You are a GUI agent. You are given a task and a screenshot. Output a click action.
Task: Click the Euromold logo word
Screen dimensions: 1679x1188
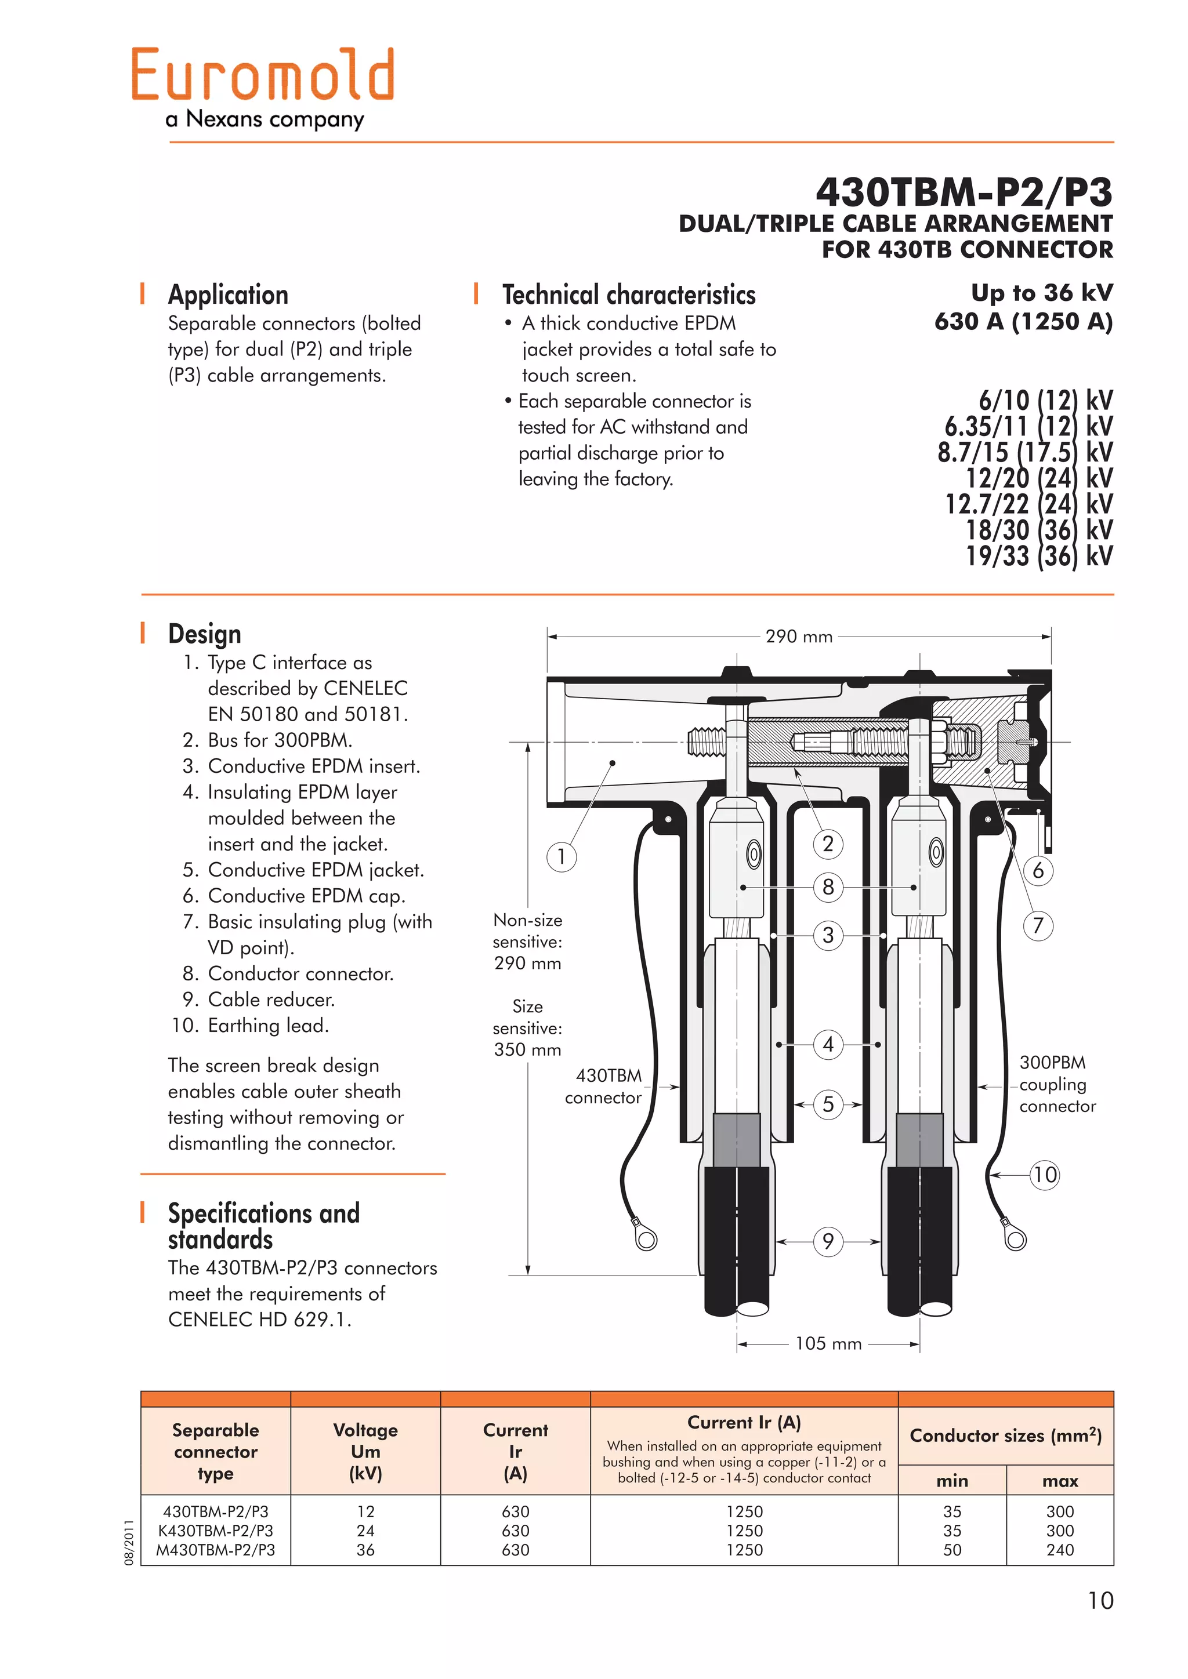click(x=263, y=75)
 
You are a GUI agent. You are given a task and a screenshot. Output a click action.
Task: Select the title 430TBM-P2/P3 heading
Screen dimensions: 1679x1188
click(x=964, y=192)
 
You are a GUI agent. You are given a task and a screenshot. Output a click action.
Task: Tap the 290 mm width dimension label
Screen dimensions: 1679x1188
click(x=798, y=637)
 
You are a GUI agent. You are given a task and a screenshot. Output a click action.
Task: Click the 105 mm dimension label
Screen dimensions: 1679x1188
click(x=828, y=1344)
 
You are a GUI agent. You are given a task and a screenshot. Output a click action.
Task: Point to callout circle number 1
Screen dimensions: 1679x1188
click(x=561, y=856)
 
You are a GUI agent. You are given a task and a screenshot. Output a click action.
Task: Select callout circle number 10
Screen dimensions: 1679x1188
click(x=1044, y=1175)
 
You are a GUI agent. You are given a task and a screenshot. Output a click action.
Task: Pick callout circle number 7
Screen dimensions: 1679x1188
click(x=1037, y=926)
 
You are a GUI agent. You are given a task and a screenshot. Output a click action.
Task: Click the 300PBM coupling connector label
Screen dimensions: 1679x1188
click(x=1056, y=1085)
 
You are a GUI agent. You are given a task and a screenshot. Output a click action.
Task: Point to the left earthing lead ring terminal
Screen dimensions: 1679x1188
click(x=646, y=1239)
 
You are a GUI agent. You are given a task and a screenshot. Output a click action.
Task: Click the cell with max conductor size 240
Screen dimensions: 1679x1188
click(x=1059, y=1550)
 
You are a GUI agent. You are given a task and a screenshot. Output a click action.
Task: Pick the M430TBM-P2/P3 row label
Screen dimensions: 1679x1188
click(x=215, y=1550)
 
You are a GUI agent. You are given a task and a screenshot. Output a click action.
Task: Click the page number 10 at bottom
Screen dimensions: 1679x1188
click(x=1099, y=1601)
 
